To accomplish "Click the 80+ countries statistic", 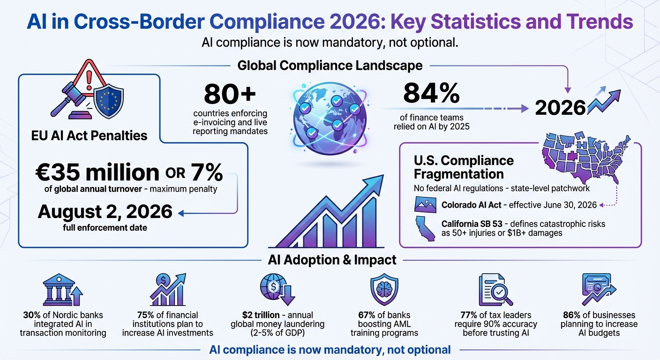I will (x=230, y=95).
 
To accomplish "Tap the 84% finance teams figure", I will (x=431, y=94).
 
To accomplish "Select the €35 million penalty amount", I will (x=97, y=173).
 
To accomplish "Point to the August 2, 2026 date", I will (x=105, y=211).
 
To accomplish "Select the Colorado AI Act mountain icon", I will (x=426, y=205).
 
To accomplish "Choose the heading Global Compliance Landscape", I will (x=330, y=65).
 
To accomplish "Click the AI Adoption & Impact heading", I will (x=332, y=260).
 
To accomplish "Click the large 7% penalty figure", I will (x=206, y=173).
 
